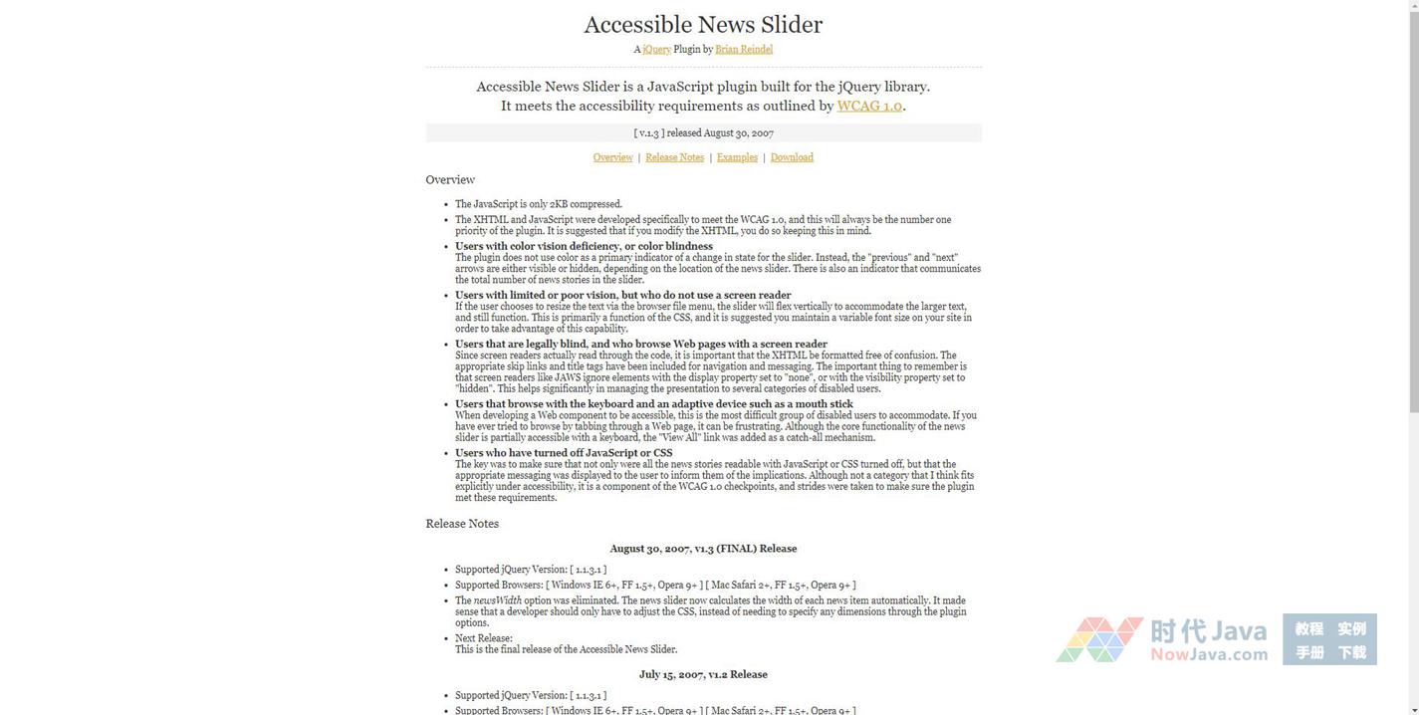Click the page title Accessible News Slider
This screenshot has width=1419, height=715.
tap(703, 25)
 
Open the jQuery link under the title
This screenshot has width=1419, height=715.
tap(657, 49)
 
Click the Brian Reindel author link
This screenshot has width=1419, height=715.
tap(744, 49)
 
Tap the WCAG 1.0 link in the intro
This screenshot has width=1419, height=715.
tap(869, 106)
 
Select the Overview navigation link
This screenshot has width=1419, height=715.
tap(612, 157)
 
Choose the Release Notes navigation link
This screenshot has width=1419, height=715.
tap(674, 157)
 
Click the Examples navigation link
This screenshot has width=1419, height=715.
tap(737, 157)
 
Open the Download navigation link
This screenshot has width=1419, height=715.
tap(792, 157)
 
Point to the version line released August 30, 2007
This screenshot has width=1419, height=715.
tap(703, 132)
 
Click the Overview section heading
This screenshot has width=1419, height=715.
tap(450, 180)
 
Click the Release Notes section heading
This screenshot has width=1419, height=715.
tap(462, 524)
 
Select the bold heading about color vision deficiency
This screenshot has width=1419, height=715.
tap(584, 246)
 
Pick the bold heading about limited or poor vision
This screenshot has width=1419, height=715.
tap(622, 295)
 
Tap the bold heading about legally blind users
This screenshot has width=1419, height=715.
tap(641, 344)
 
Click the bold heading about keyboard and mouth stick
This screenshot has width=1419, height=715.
tap(653, 403)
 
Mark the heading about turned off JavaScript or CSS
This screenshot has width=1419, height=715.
tap(564, 452)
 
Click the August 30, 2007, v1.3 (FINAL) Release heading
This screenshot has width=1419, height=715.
tap(703, 549)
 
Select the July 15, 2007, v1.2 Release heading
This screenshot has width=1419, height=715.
tap(703, 674)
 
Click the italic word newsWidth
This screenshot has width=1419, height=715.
tap(497, 600)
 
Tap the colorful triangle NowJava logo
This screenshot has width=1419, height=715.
tap(1099, 639)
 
